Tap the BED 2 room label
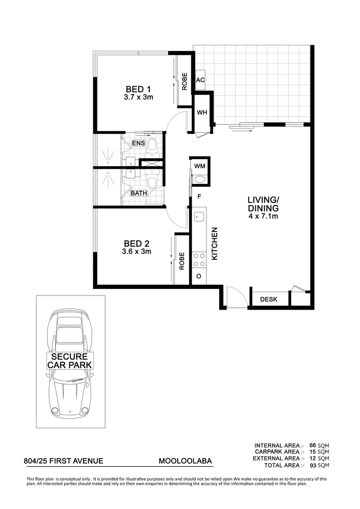(137, 243)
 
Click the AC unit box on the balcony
(200, 80)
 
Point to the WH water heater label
(202, 113)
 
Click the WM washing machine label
(199, 166)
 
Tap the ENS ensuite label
(138, 143)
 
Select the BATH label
(139, 193)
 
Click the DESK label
(269, 299)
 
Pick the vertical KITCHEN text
(214, 244)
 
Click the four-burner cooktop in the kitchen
(198, 260)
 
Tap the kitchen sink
(198, 217)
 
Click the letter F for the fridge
(199, 196)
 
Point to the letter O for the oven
(198, 276)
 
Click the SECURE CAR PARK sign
(70, 361)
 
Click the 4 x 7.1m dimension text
(263, 216)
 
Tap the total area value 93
(311, 466)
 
